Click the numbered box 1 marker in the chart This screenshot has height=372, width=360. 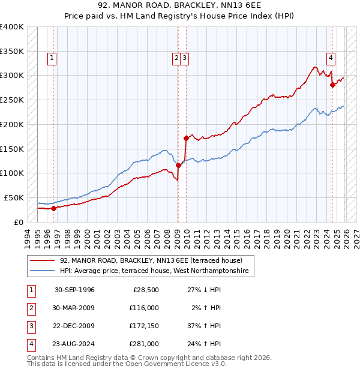tap(53, 58)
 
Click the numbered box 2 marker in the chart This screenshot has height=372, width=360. tap(177, 58)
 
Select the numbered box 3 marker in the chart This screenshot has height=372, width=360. tap(185, 58)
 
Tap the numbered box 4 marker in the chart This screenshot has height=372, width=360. tap(331, 58)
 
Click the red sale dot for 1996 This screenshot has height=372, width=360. tap(53, 208)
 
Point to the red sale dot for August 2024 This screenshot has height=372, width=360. tap(332, 85)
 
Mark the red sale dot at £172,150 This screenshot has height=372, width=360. tap(186, 138)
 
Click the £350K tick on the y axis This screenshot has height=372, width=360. tap(12, 51)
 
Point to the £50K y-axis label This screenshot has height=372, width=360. tap(14, 197)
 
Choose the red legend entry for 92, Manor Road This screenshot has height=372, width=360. tap(151, 261)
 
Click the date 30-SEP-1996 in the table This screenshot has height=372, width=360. tap(74, 290)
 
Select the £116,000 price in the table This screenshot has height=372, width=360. tap(143, 308)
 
